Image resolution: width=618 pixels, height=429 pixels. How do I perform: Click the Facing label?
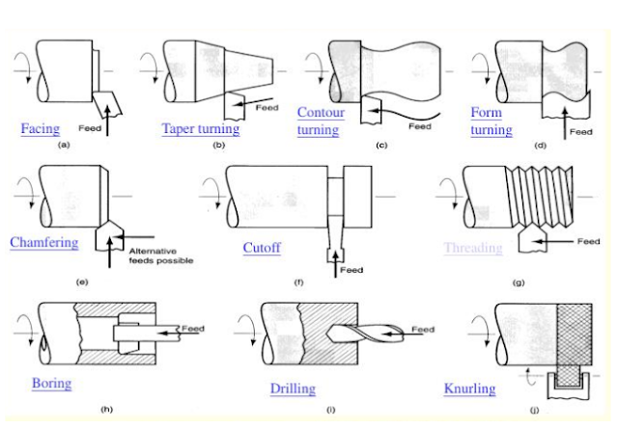pos(40,128)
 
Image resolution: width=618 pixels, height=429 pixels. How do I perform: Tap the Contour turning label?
pos(320,121)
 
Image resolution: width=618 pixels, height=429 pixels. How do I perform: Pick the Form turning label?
pos(492,121)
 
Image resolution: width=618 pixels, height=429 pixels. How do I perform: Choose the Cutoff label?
pos(262,248)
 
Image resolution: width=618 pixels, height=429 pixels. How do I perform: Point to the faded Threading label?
pos(473,248)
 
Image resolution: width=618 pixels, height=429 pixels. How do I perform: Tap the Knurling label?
pos(469,389)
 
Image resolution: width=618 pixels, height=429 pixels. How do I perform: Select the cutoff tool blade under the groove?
pos(336,226)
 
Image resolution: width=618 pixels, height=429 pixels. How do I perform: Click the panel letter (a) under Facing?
pos(65,143)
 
